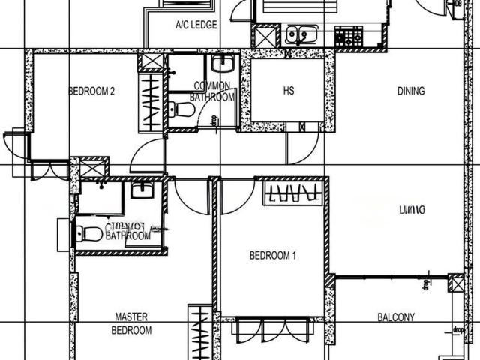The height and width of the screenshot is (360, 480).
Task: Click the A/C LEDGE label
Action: pos(196,25)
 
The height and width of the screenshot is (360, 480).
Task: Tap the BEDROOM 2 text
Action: pos(91,91)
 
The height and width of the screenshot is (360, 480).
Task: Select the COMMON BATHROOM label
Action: pos(211,91)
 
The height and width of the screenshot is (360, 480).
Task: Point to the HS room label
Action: pos(289,91)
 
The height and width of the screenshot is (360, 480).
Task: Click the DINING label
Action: pos(410,91)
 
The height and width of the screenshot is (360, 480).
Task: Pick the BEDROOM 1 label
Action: pos(272,256)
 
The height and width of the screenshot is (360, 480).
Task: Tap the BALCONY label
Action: pos(395,317)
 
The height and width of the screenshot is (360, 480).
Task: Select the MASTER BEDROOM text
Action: pos(131,323)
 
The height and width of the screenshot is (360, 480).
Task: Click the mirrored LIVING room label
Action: pos(412,210)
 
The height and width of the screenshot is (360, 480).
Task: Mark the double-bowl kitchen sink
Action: pos(301,34)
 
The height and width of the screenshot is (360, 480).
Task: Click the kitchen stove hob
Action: pos(349,35)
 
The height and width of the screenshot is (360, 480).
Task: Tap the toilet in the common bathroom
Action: pos(181,111)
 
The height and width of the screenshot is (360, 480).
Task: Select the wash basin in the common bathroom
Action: pos(223,63)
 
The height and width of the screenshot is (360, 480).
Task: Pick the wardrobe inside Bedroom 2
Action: pos(152,99)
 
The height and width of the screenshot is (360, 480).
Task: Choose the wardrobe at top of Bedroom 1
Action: pos(292,194)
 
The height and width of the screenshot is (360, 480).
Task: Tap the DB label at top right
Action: pos(457,5)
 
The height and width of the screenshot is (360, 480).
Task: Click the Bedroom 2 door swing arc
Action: pos(147,156)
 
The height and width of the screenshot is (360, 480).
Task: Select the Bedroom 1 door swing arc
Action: pos(238,196)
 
